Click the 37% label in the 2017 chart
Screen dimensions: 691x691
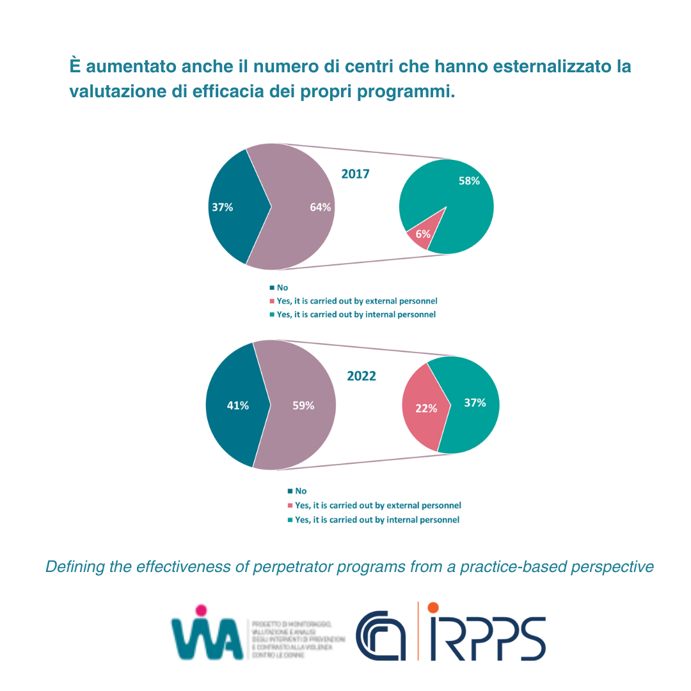(222, 207)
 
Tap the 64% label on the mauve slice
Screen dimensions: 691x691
(320, 207)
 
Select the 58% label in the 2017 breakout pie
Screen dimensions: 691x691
(469, 181)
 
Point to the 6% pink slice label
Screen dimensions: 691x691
(422, 234)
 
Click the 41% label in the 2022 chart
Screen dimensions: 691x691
(238, 405)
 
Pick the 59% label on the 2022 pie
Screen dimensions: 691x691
(303, 405)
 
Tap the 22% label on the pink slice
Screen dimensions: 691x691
(426, 408)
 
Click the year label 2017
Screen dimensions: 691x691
(355, 174)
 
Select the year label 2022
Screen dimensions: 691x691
(361, 376)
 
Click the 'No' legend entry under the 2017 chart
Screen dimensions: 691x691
(282, 288)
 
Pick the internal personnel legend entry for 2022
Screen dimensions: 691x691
(377, 520)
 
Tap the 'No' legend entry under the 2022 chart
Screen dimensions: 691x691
(300, 491)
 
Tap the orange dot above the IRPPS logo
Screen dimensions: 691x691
(433, 607)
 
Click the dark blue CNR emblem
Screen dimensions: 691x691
(382, 637)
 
